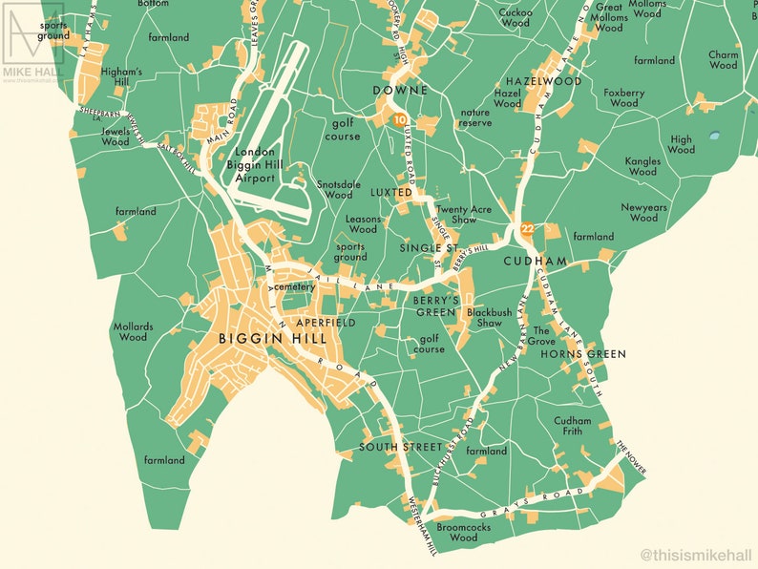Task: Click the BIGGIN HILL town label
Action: coord(273,338)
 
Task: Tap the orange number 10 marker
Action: coord(399,119)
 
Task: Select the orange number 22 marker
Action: coord(527,228)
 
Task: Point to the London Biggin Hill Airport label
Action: coord(255,165)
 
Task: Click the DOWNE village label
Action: coord(399,90)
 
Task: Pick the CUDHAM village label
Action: coord(535,261)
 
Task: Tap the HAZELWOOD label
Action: coord(543,81)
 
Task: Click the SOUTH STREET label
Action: coord(401,447)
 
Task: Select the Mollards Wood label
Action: coord(133,331)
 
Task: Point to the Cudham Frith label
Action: coord(573,426)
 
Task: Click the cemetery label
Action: coord(294,286)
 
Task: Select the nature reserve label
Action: coord(474,117)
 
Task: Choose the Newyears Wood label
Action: coord(639,212)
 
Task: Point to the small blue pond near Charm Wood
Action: coord(714,137)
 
